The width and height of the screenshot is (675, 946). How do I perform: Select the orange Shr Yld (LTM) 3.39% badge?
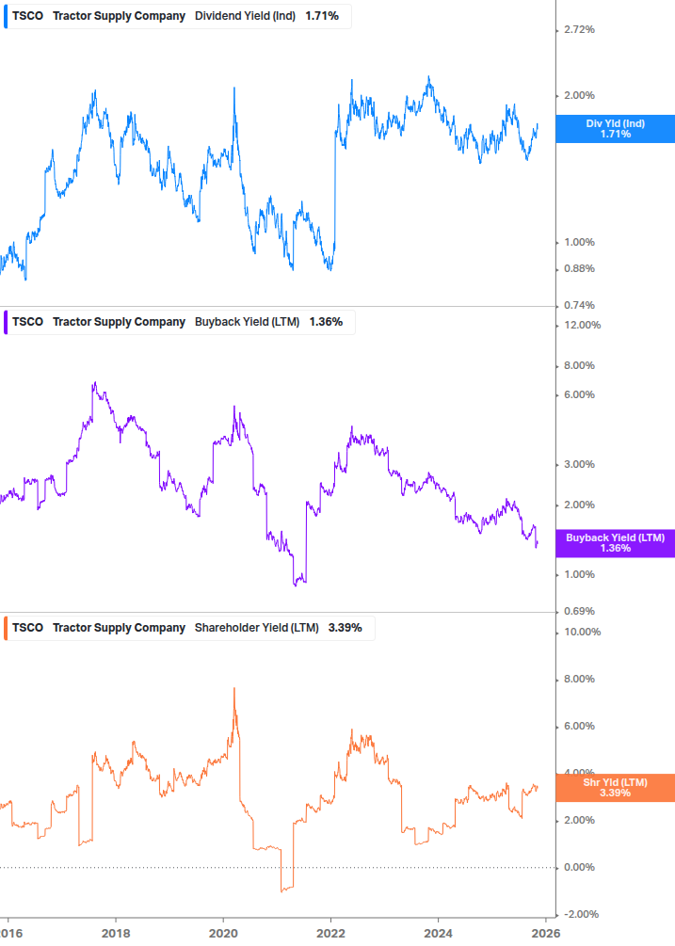615,788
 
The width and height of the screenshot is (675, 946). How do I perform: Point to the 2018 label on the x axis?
116,933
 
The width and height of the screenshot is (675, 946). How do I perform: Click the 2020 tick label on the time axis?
223,933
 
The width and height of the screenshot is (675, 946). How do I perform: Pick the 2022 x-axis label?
330,933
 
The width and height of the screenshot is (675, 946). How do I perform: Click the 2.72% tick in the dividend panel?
578,30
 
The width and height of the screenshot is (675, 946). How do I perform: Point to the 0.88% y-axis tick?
578,269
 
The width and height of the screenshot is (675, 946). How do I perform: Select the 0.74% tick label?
578,305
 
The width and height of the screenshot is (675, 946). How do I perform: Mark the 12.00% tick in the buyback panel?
581,326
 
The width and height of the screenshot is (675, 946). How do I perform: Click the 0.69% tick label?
578,612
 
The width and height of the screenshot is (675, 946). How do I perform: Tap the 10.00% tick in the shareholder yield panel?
581,633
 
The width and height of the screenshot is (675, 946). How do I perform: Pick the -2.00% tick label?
581,915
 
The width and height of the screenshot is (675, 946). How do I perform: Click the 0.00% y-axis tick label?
578,868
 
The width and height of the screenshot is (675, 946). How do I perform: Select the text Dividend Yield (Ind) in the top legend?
247,16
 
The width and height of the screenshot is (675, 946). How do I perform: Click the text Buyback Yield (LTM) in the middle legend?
247,322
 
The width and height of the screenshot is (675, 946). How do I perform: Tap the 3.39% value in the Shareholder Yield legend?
345,628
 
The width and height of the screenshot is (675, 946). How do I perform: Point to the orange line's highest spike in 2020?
233,689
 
